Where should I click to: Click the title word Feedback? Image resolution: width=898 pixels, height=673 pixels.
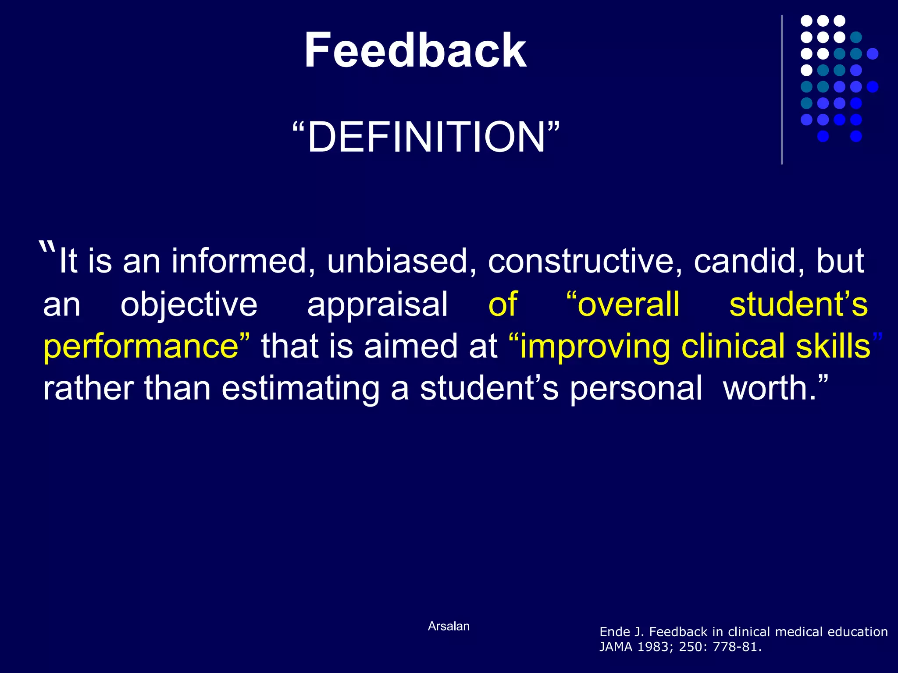point(415,50)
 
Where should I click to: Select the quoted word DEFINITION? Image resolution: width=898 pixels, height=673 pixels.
point(426,137)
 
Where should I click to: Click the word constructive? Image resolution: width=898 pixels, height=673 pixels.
point(585,262)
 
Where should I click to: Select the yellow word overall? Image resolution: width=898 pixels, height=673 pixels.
point(628,304)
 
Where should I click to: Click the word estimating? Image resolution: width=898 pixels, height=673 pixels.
point(300,389)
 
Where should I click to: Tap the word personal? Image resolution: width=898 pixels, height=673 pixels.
point(636,389)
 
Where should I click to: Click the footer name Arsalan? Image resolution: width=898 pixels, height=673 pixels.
point(449,626)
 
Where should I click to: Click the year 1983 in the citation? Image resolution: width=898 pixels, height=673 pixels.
point(653,647)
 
